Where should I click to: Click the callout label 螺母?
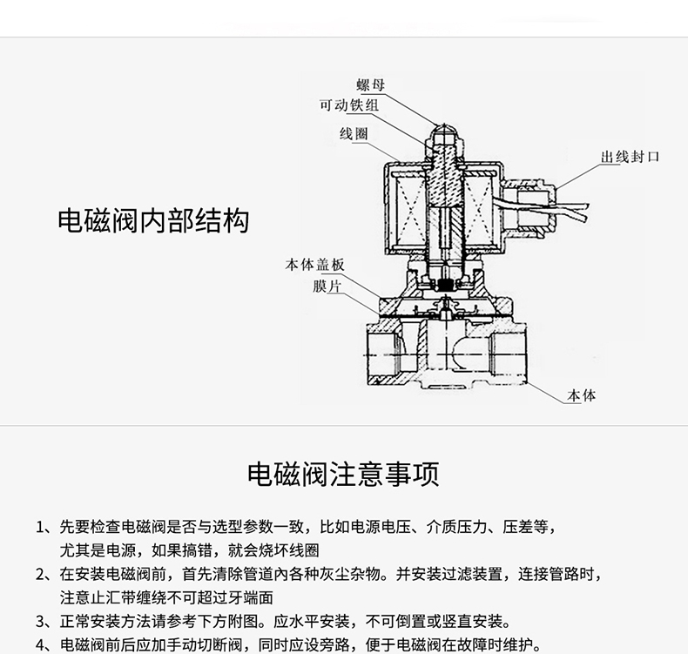pyautogui.click(x=371, y=85)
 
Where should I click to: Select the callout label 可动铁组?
pyautogui.click(x=349, y=106)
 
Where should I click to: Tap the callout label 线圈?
pyautogui.click(x=354, y=133)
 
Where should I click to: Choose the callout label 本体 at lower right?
pyautogui.click(x=582, y=395)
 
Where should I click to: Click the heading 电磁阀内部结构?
pyautogui.click(x=153, y=220)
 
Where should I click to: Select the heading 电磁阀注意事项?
pyautogui.click(x=343, y=475)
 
